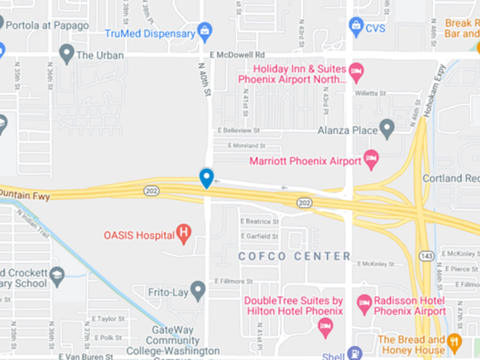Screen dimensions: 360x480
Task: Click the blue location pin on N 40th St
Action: click(x=206, y=178)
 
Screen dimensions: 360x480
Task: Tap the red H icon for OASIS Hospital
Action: click(x=184, y=232)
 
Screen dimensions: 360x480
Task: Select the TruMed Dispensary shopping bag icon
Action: click(x=204, y=32)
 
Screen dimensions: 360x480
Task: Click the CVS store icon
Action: click(x=356, y=27)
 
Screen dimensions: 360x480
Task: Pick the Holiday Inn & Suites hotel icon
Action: click(x=356, y=72)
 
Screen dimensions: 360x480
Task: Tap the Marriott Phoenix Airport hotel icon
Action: click(x=372, y=160)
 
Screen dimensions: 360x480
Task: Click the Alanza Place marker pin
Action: click(x=387, y=126)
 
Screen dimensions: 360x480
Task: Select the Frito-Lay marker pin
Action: click(x=198, y=290)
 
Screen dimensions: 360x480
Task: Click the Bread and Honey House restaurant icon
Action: click(x=455, y=341)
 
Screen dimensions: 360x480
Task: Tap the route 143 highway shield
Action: click(x=425, y=254)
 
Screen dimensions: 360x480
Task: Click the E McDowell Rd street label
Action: click(x=241, y=55)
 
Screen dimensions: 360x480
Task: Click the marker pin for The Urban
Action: click(x=67, y=54)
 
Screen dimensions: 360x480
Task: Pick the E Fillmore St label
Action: click(x=235, y=281)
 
